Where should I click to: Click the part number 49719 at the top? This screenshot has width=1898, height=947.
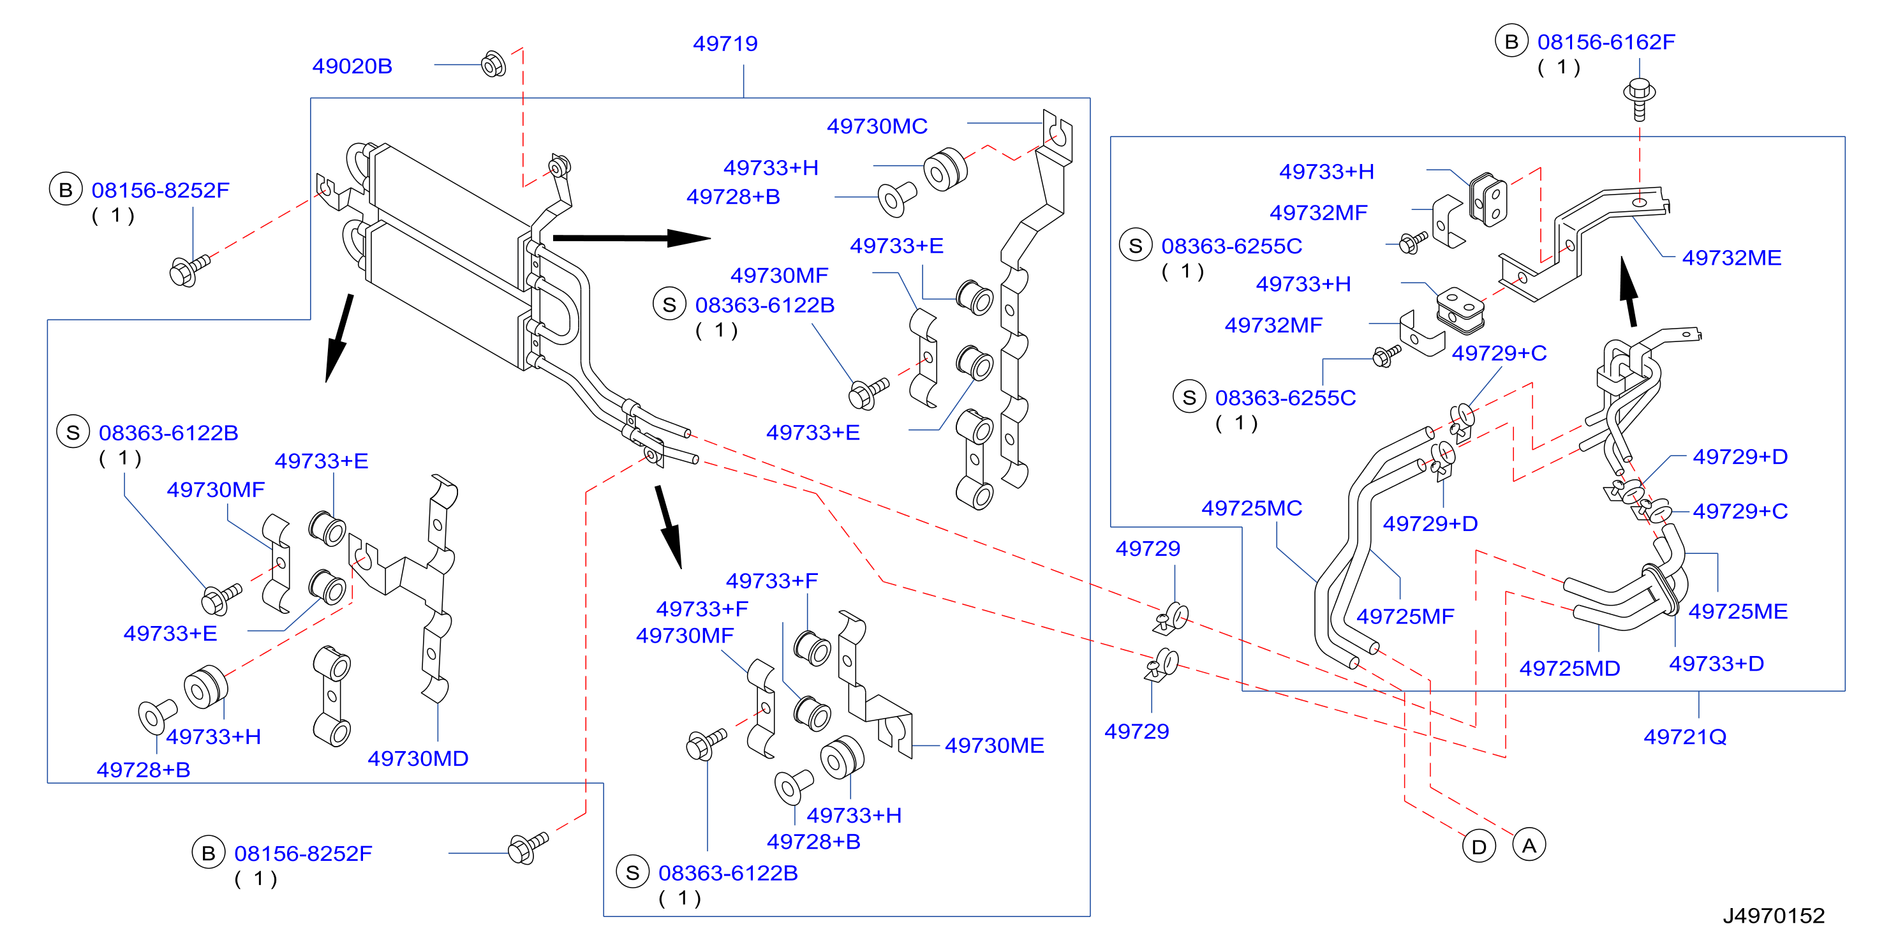pos(725,43)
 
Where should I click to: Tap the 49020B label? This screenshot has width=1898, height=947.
pos(352,66)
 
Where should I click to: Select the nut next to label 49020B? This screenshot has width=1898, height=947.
pos(493,64)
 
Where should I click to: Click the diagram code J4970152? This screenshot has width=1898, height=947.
pos(1774,915)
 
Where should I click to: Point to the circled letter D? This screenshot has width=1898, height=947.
pos(1479,847)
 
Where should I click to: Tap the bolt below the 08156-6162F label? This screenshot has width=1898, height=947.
pos(1640,99)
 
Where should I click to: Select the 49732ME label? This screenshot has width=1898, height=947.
pos(1731,258)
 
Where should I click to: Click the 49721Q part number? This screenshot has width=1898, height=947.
pos(1685,736)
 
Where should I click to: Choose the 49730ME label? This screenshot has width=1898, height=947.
pos(994,745)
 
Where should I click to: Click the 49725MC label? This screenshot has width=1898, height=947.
pos(1252,508)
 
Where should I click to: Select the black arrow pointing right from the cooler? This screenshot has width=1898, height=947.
pos(632,238)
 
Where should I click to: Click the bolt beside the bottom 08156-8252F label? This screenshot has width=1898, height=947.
pos(528,847)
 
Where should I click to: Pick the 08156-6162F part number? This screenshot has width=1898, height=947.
pos(1606,42)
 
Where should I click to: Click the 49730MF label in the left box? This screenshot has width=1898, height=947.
pos(215,489)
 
